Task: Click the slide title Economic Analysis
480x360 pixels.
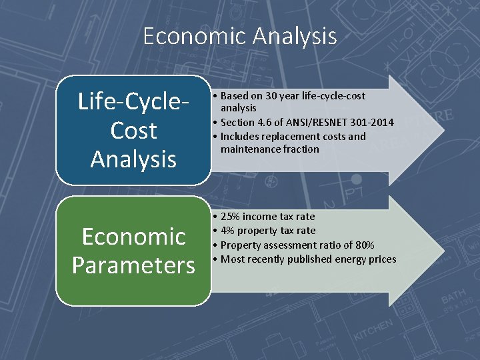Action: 240,35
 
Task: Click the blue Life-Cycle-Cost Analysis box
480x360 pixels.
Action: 133,130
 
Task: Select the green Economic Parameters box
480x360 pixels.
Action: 133,251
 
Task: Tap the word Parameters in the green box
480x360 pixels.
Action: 133,265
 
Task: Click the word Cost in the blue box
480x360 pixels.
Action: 133,131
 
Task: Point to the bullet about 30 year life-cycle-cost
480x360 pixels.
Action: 293,101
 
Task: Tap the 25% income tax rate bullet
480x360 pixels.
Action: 268,217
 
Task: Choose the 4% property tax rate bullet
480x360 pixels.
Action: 268,231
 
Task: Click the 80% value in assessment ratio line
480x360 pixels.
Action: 364,245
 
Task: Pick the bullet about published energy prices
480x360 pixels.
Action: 308,259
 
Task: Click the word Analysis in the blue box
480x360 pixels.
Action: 133,159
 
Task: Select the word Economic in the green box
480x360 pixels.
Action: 133,237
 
